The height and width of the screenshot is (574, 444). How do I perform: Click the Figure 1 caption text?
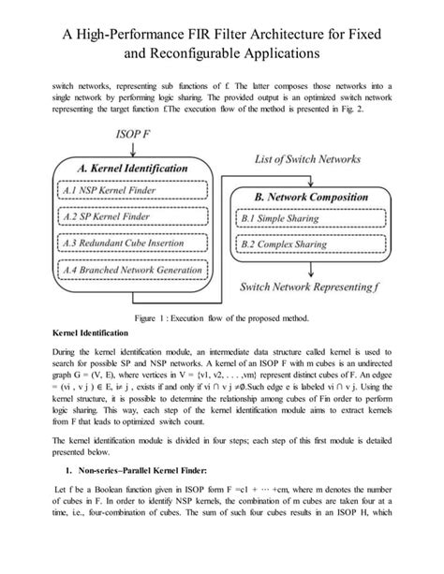[x=221, y=318]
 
